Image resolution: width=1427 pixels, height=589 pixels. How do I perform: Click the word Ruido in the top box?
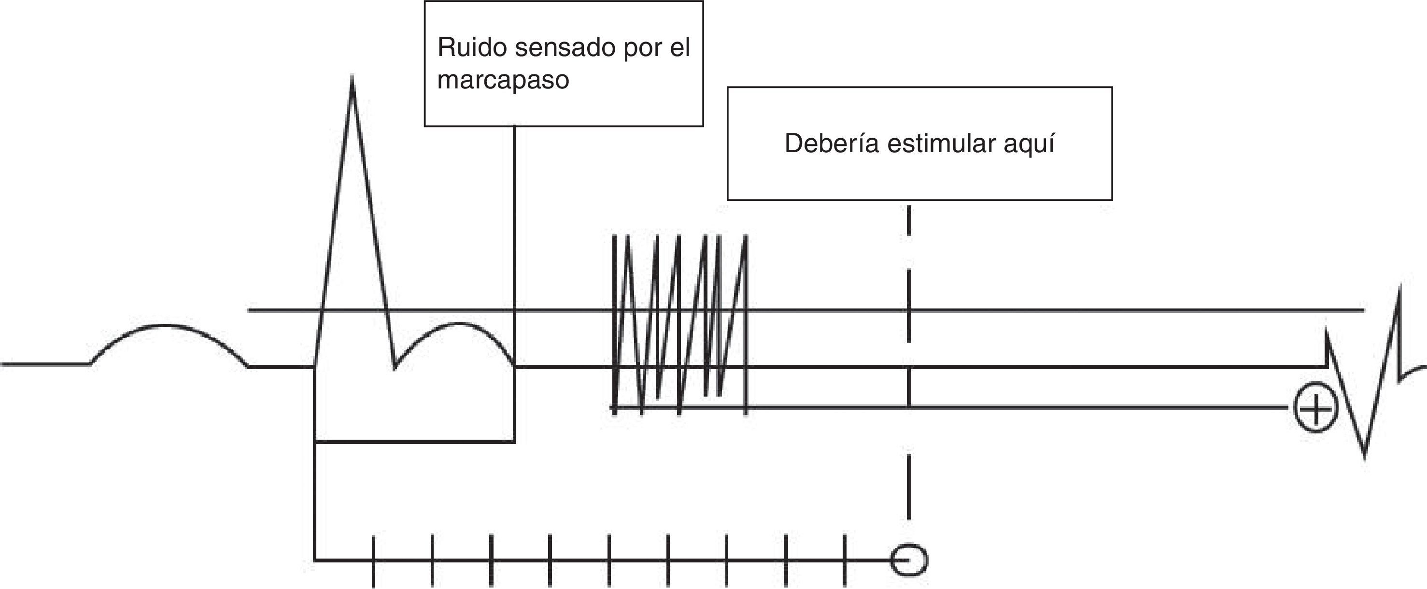click(471, 48)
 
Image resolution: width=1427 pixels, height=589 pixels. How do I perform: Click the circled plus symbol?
click(1315, 409)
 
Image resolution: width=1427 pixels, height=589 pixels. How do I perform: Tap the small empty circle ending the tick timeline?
click(908, 561)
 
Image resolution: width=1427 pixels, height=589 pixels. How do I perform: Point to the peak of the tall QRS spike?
click(353, 78)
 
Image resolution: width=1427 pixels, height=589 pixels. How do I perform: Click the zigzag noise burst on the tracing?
click(680, 324)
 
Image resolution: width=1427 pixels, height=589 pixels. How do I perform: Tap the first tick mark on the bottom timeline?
click(373, 561)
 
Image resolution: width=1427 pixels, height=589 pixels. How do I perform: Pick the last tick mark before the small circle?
click(844, 561)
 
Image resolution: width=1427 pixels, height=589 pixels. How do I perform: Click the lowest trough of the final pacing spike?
click(1364, 456)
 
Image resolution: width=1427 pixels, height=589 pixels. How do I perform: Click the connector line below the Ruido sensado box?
click(514, 222)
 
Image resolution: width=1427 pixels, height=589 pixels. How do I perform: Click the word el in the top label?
click(680, 48)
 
